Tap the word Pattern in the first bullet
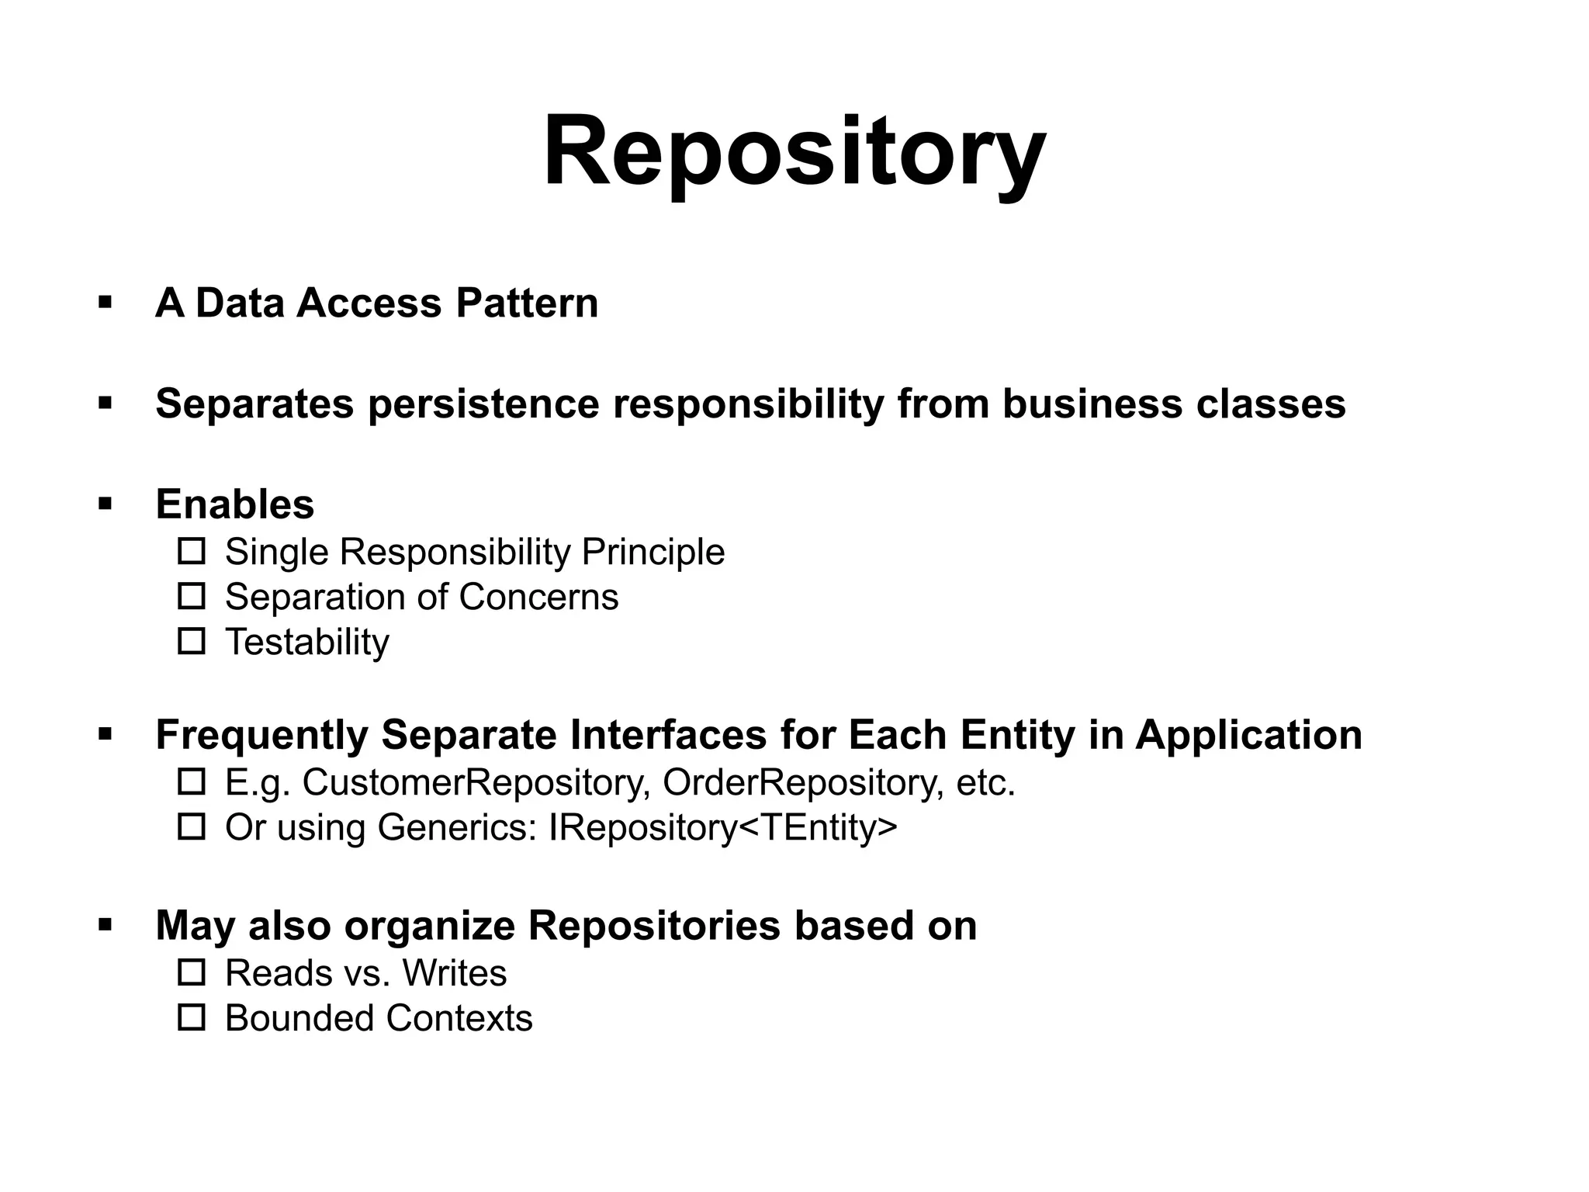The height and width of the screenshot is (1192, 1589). tap(527, 303)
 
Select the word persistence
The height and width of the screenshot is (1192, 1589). tap(483, 404)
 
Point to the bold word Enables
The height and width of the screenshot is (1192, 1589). tap(235, 504)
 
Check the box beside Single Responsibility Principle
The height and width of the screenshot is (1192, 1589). tap(192, 551)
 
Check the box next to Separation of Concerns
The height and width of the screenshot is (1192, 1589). tap(192, 596)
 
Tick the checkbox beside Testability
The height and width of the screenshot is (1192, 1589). tap(192, 641)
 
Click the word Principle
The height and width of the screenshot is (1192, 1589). tap(653, 553)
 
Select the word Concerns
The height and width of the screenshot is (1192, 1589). tap(538, 598)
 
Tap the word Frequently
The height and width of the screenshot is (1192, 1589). tap(261, 735)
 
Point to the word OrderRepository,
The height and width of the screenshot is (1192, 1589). tap(803, 782)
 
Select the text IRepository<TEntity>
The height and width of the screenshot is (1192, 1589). tap(722, 827)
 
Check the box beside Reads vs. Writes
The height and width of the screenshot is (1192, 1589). tap(192, 972)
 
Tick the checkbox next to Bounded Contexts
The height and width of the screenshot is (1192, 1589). tap(192, 1017)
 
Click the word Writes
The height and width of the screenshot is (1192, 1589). tap(455, 973)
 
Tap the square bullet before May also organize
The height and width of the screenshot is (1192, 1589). tap(106, 924)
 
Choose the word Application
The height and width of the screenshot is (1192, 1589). tap(1248, 735)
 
